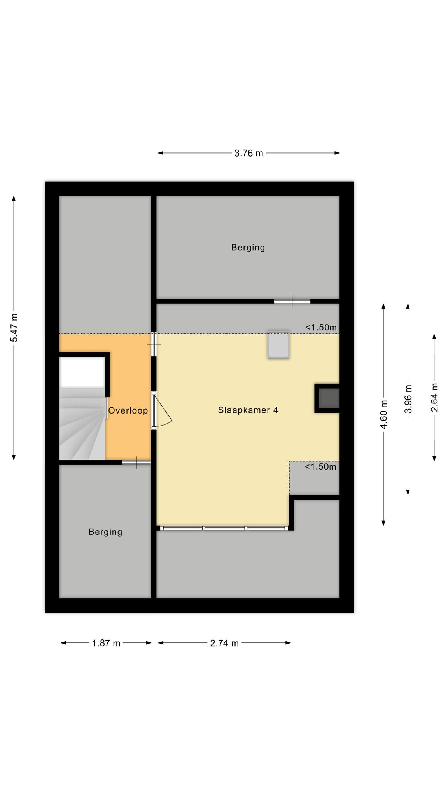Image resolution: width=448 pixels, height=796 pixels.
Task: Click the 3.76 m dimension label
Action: (x=248, y=153)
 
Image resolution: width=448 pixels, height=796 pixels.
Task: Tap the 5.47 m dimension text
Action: (x=14, y=328)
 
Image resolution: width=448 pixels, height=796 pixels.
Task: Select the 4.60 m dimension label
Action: (x=384, y=414)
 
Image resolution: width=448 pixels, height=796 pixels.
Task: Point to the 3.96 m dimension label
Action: (x=408, y=399)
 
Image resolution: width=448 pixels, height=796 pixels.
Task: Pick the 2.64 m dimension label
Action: (x=434, y=397)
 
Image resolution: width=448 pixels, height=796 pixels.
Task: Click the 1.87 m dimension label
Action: (x=106, y=643)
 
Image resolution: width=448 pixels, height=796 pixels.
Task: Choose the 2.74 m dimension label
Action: (x=224, y=643)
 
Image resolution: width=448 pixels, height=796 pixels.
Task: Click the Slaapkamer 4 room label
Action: (x=248, y=410)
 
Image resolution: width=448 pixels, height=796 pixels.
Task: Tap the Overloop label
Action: (x=128, y=410)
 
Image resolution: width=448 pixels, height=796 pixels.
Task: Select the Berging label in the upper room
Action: (x=248, y=248)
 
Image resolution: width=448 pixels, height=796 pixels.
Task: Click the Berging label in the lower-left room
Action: (x=105, y=532)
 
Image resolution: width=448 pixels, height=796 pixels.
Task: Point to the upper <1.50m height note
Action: (x=321, y=327)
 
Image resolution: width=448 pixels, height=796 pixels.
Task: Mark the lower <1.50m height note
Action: (x=320, y=466)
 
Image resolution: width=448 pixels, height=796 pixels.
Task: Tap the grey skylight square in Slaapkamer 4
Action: (x=278, y=345)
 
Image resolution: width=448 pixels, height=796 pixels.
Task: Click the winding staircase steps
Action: (x=82, y=424)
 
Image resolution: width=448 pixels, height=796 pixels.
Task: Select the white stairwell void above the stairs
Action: (x=82, y=372)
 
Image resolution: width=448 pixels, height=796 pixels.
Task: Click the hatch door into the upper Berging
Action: (x=292, y=301)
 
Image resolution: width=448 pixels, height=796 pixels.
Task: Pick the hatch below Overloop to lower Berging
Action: (x=136, y=463)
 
